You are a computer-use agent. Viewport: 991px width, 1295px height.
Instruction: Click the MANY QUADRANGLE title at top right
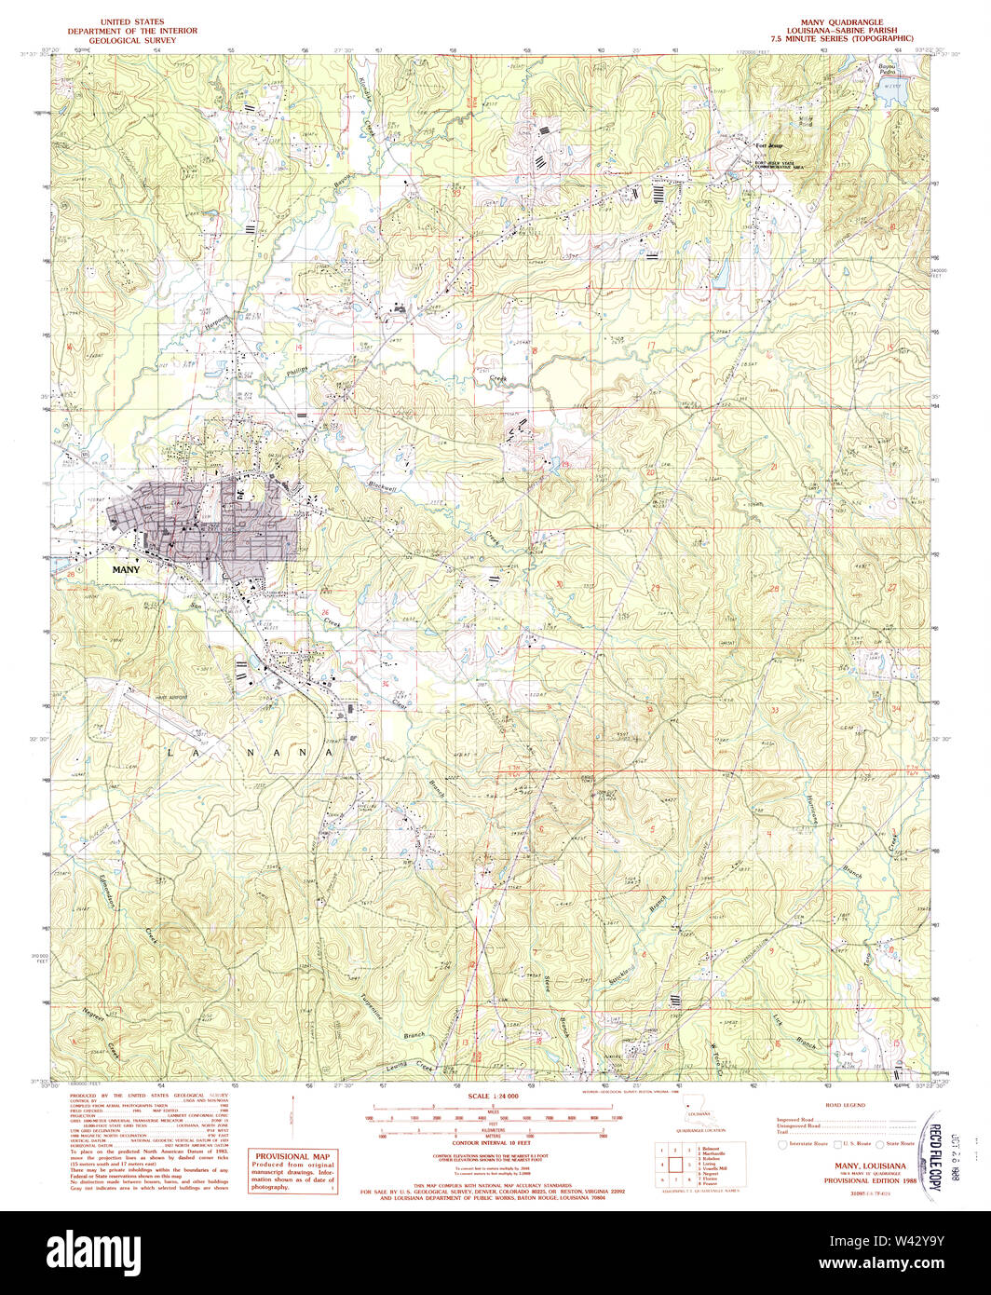coord(842,20)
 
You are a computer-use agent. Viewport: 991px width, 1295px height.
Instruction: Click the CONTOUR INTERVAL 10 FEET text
coord(494,1142)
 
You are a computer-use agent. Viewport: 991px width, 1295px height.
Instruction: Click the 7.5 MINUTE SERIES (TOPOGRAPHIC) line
coord(842,39)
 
